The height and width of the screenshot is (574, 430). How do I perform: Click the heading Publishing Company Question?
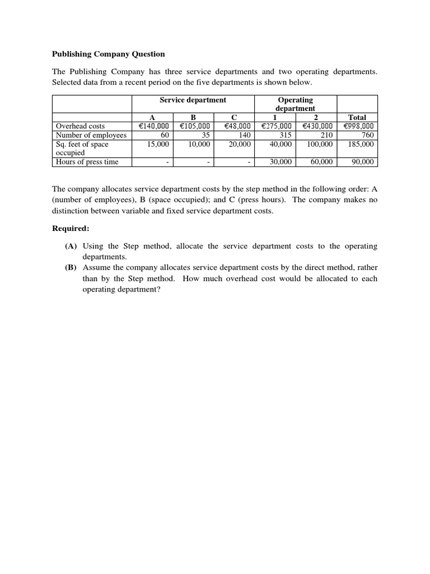point(109,54)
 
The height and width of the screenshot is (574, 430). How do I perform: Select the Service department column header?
point(193,100)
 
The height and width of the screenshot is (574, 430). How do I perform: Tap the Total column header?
point(357,117)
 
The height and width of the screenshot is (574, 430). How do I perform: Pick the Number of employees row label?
point(91,135)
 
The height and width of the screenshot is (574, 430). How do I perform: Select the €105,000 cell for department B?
point(194,126)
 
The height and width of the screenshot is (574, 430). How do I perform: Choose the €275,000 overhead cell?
point(277,126)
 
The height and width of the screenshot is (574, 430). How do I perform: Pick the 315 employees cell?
point(285,135)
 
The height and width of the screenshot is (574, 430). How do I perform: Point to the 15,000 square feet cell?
point(157,144)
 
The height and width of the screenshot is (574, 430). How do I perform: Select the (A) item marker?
point(71,246)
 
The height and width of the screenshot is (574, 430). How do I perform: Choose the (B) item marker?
point(71,267)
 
